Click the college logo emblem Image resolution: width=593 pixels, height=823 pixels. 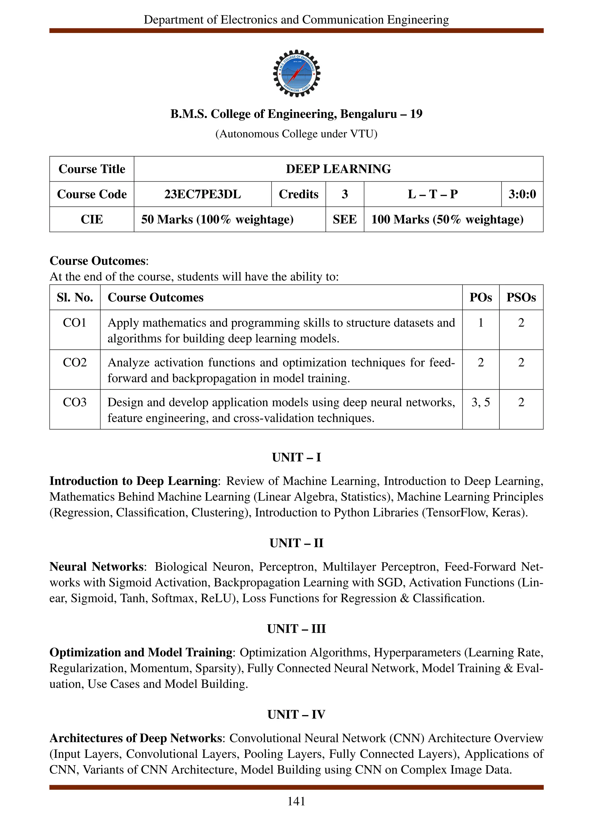coord(296,73)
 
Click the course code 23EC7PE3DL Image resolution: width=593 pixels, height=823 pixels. coord(202,194)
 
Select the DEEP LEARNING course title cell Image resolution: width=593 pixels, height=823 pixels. coord(338,169)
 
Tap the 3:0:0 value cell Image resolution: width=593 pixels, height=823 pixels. coord(522,194)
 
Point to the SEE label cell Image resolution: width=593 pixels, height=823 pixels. coord(345,220)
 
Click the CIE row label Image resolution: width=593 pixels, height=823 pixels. coord(91,220)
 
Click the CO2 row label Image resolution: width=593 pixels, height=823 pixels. coord(75,362)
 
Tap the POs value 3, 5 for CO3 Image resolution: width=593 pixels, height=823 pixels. coord(480,402)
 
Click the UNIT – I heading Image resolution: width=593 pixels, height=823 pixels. coord(296,457)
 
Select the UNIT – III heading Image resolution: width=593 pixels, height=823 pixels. coord(296,629)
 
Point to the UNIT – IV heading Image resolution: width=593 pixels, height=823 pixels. coord(296,715)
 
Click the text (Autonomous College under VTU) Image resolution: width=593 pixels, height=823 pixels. coord(296,134)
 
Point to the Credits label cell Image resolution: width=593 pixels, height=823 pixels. coord(299,194)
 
